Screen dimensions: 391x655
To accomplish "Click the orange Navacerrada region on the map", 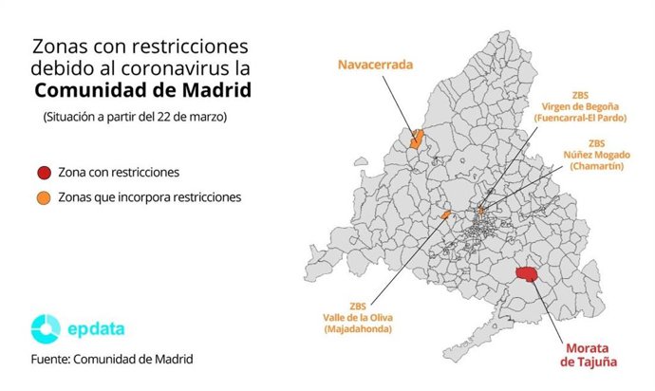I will coord(416,140).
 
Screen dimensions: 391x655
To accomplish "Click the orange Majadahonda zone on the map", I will coord(445,215).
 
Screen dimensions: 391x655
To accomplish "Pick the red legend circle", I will coord(43,174).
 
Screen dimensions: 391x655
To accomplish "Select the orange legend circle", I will coord(43,197).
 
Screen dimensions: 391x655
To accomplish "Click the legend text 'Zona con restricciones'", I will coord(118,174).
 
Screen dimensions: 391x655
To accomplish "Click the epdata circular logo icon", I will coord(45,328).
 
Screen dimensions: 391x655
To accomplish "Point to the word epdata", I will coord(95,329).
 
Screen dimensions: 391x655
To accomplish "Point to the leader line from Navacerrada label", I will coord(401,105).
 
